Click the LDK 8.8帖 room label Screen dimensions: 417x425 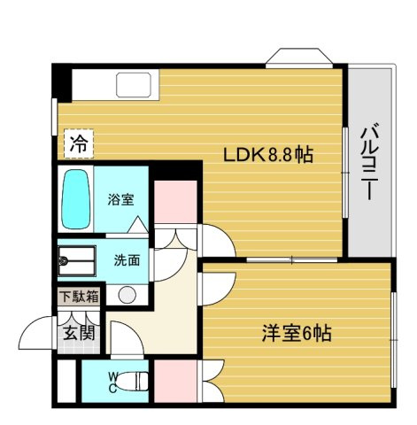(268, 155)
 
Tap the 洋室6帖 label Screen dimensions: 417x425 (297, 334)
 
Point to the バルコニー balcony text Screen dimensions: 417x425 (369, 162)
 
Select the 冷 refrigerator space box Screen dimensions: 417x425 (79, 143)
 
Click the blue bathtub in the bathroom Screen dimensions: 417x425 (75, 198)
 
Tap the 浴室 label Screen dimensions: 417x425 (120, 199)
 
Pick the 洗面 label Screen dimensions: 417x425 (127, 260)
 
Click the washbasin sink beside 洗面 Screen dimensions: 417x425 (77, 260)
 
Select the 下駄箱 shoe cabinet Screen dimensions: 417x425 (79, 296)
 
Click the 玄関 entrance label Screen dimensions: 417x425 (79, 333)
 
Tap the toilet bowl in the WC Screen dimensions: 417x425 (132, 381)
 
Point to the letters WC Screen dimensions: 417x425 (113, 382)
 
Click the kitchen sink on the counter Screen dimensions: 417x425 (134, 85)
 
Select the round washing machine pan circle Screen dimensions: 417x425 (127, 295)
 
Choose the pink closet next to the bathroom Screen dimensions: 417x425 (175, 202)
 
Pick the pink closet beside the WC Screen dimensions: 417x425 (175, 381)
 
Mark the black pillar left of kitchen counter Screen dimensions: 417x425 (62, 83)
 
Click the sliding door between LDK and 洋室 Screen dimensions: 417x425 (291, 259)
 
